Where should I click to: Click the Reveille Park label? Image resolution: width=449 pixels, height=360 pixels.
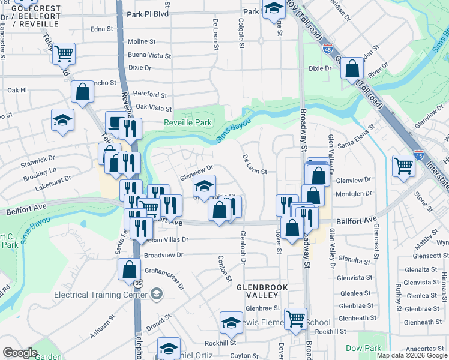[188, 123]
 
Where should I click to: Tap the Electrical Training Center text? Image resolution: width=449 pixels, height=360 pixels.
[101, 295]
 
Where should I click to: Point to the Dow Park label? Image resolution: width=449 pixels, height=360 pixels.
[364, 348]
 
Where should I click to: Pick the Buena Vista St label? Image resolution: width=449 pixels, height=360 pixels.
[149, 55]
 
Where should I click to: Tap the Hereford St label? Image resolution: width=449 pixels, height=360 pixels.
[150, 95]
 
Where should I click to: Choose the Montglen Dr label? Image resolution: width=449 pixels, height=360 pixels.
[355, 194]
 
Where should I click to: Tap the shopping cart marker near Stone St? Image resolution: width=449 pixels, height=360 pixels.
[403, 166]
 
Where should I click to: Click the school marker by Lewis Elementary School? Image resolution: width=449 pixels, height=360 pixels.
[231, 323]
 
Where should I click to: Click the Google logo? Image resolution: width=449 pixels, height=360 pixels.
[20, 353]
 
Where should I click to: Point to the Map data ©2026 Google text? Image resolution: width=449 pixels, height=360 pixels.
[412, 355]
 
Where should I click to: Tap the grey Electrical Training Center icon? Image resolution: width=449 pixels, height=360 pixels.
[157, 293]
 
